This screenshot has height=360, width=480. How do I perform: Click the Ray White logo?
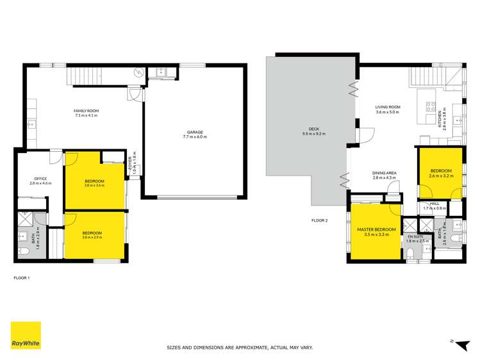[x=26, y=335]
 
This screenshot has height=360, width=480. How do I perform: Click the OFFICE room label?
[x=40, y=179]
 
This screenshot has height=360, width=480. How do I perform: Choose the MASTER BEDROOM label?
[x=376, y=229]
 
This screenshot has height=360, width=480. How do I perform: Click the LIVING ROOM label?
[x=388, y=108]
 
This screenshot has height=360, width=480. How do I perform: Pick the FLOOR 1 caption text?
[x=22, y=278]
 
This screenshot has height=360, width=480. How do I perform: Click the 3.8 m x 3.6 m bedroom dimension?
[x=94, y=186]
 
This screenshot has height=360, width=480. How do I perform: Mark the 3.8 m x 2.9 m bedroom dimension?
[x=94, y=237]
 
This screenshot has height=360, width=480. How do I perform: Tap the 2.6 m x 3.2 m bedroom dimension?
[x=440, y=175]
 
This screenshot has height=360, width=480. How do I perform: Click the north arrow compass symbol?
[x=457, y=342]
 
